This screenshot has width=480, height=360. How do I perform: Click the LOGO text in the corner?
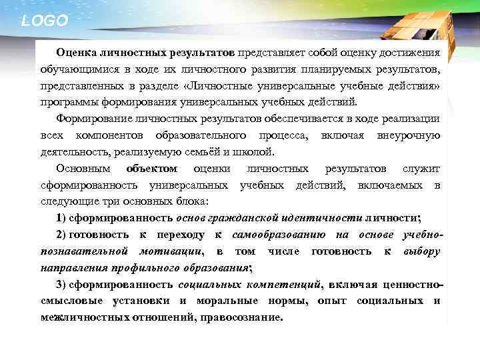click(45, 21)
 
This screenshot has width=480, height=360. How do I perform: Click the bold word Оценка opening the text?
click(75, 52)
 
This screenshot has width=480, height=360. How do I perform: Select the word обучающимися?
click(72, 69)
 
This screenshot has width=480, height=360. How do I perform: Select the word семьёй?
click(203, 152)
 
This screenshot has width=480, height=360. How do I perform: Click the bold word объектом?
click(152, 169)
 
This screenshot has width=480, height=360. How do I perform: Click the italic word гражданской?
click(239, 218)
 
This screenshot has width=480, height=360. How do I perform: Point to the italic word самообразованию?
click(279, 235)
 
